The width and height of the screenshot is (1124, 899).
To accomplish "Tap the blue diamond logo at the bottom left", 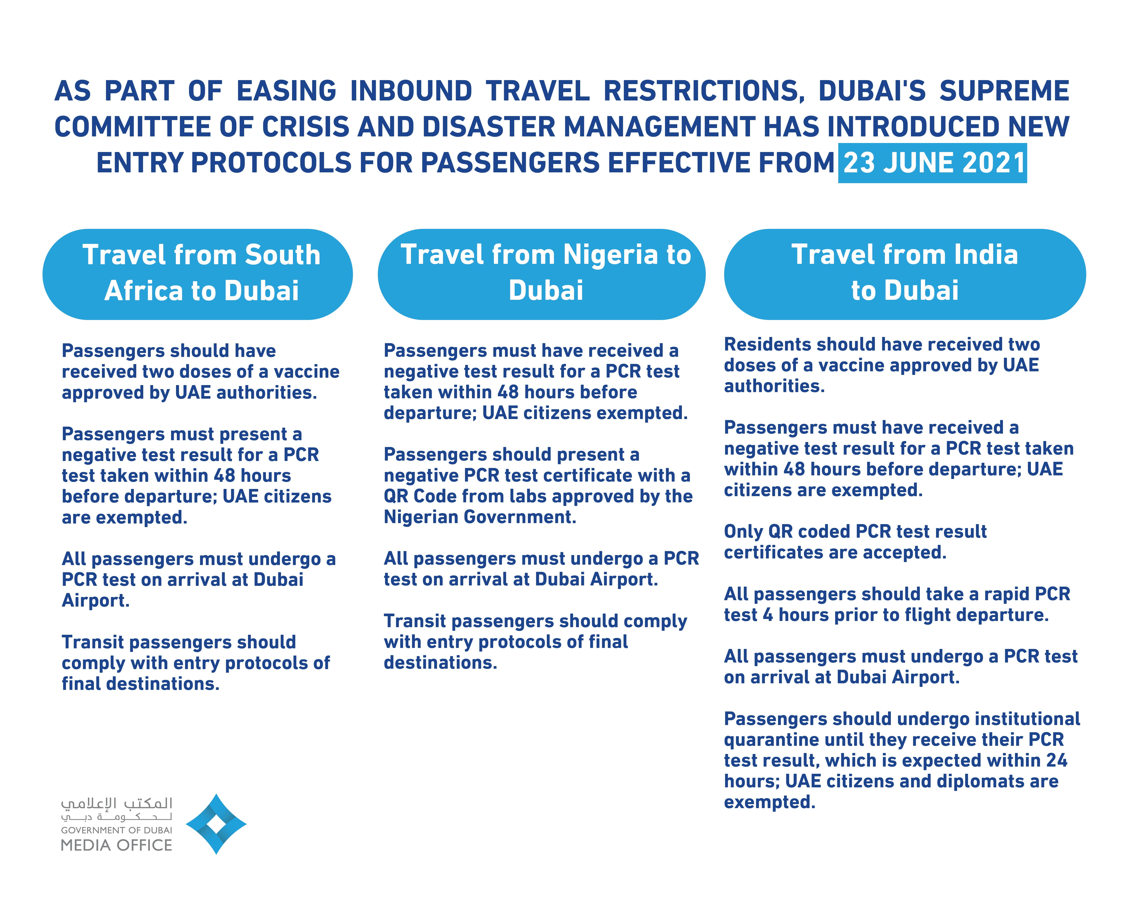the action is [216, 824].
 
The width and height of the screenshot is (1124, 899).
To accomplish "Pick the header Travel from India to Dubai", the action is [905, 273].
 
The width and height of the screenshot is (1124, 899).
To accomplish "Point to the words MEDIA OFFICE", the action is [116, 845].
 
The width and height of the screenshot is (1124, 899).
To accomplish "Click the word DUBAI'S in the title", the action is [872, 91].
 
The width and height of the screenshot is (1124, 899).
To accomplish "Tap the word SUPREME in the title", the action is [1004, 91].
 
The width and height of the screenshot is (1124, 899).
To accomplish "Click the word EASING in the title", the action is [287, 91].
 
